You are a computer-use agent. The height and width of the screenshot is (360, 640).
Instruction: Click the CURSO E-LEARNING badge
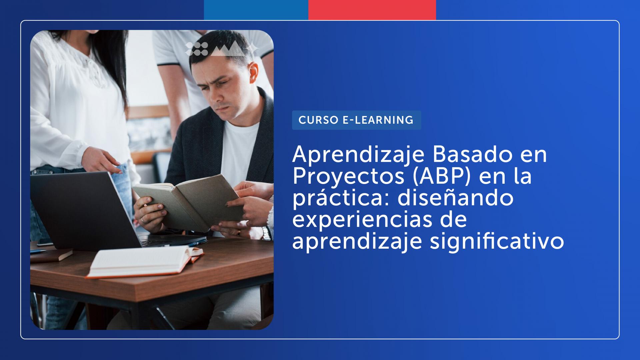click(x=356, y=120)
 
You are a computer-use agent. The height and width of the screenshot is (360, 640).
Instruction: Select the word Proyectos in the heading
click(x=348, y=177)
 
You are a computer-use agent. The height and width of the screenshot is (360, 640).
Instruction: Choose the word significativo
click(x=497, y=241)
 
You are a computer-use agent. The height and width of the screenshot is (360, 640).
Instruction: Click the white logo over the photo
click(x=222, y=49)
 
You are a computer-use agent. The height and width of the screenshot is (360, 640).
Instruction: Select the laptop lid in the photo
click(x=80, y=210)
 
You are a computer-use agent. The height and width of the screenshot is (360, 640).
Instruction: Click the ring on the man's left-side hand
click(x=142, y=220)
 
